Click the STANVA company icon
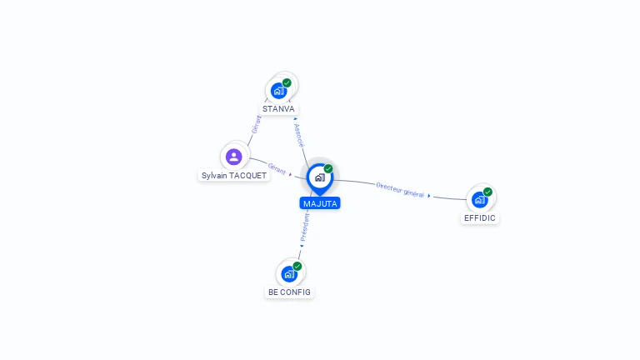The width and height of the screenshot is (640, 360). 279,91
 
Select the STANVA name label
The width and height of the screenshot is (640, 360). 278,109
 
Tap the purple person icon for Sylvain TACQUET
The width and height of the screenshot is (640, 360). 234,157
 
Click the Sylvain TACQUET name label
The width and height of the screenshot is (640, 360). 234,176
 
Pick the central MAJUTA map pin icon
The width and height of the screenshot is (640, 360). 320,179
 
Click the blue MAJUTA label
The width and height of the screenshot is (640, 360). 320,203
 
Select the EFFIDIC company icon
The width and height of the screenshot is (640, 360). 480,200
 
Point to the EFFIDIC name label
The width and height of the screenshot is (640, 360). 480,218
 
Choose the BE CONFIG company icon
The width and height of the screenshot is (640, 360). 289,274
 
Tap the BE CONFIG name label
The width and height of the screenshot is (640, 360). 289,292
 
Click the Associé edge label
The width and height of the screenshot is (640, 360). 299,135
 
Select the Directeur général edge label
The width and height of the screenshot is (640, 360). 400,190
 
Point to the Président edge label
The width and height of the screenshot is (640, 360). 305,227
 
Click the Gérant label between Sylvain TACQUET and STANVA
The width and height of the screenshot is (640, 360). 257,124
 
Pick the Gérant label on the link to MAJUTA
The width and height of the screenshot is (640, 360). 277,168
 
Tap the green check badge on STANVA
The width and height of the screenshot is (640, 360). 287,82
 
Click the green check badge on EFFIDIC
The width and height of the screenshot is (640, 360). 487,192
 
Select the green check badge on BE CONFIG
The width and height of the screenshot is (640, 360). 297,266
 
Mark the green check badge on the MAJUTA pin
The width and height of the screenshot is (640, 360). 328,168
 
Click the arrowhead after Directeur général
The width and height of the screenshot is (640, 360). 429,196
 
